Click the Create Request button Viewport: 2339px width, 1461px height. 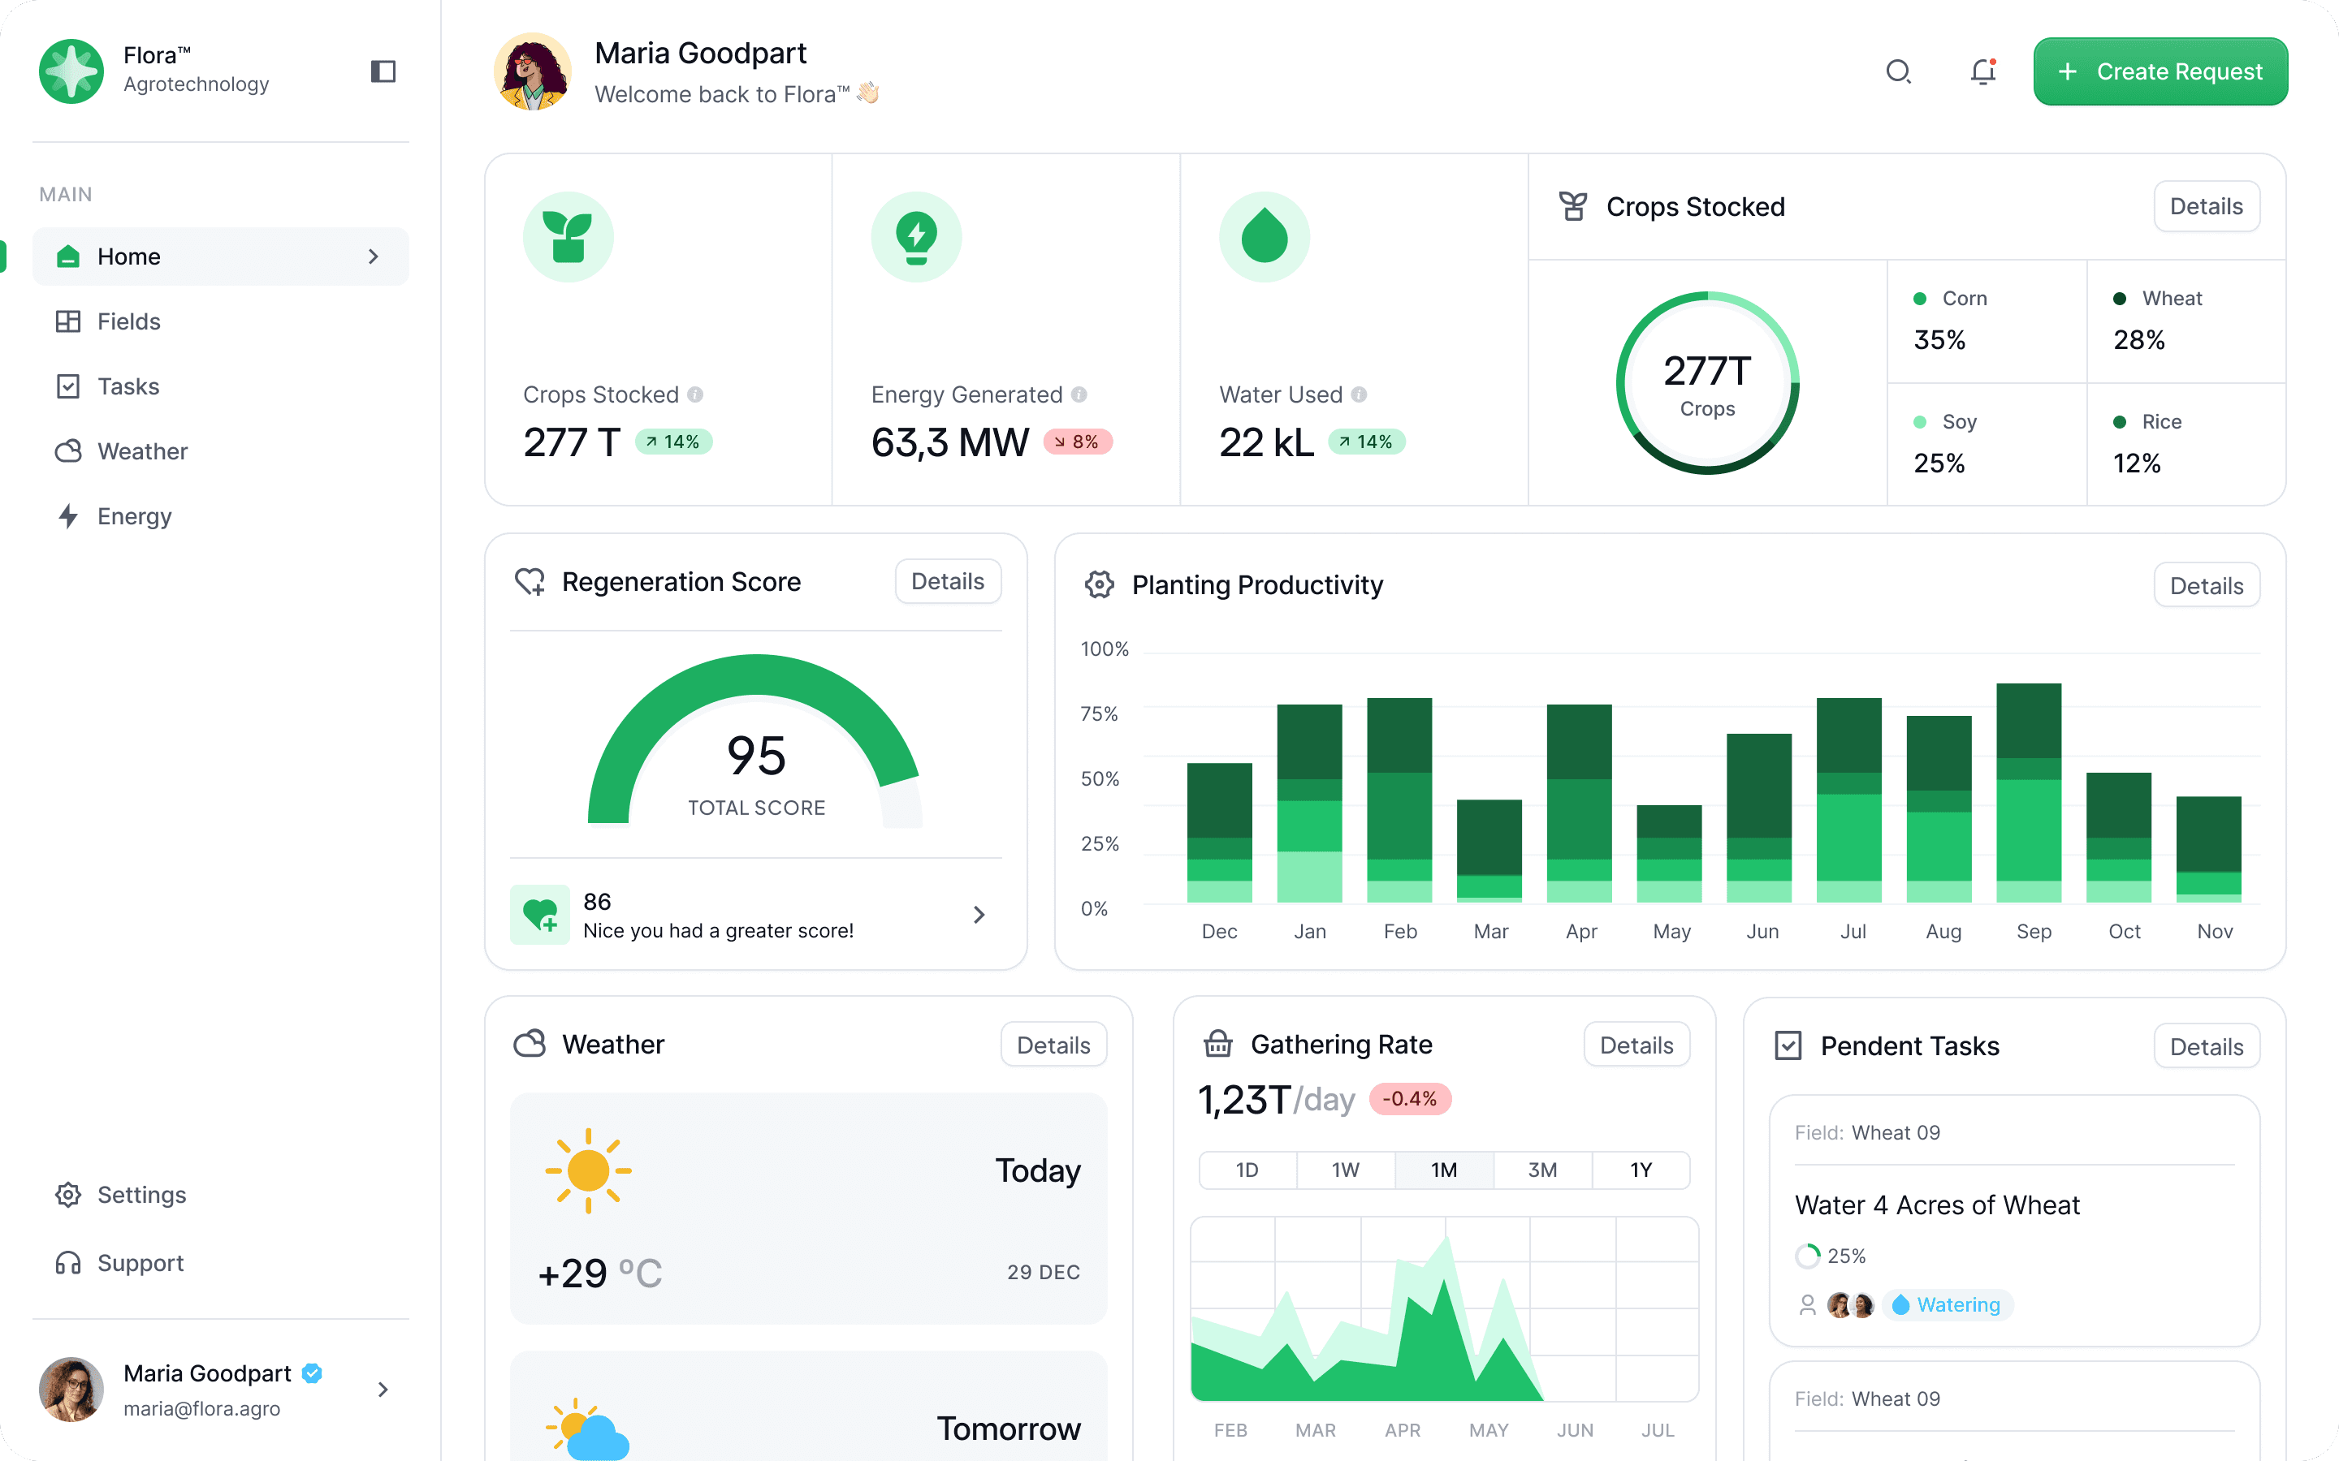click(2160, 71)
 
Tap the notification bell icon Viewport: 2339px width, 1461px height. click(1982, 71)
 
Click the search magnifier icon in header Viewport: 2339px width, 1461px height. click(1898, 71)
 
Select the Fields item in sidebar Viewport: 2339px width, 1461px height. click(128, 321)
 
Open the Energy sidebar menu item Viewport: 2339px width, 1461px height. click(133, 516)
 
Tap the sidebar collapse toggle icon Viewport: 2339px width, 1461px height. click(383, 71)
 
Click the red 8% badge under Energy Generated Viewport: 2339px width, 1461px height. click(1078, 442)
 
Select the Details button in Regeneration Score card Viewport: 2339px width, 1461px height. click(947, 582)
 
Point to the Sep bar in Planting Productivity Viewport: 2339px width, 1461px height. click(2028, 792)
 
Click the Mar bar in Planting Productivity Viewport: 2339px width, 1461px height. click(1489, 851)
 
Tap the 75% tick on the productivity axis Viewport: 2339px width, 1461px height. click(1099, 714)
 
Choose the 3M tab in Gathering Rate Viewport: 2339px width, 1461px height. click(1541, 1170)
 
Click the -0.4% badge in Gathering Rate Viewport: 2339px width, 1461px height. click(1409, 1099)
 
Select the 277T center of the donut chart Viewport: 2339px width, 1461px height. click(1707, 382)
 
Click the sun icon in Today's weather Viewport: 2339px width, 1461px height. click(588, 1171)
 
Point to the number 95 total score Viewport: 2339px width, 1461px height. click(756, 756)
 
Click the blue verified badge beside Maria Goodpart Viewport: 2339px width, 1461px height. click(312, 1373)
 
